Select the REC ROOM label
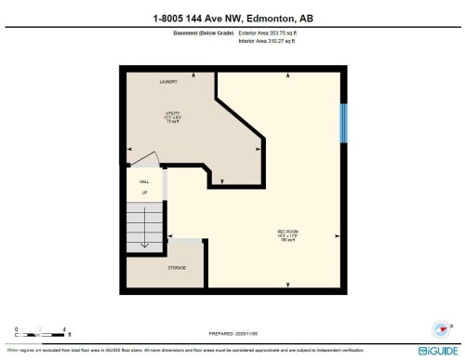tap(286, 231)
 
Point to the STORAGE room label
tap(177, 267)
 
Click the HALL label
tap(144, 182)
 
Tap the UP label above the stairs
tap(144, 193)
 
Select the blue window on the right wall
tap(344, 122)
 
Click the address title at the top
tap(232, 18)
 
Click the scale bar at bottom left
tap(42, 332)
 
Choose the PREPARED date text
tap(232, 333)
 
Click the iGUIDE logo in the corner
tap(436, 350)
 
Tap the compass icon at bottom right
tap(436, 328)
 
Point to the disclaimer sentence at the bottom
tap(186, 350)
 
